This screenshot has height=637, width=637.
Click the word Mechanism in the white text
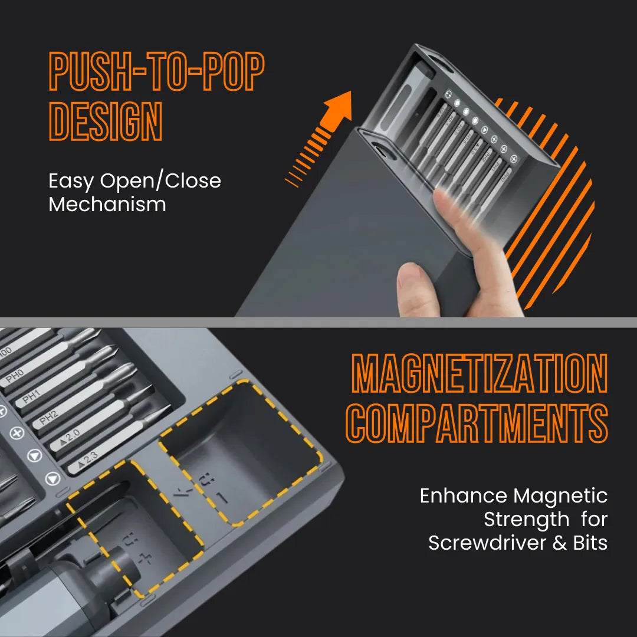pyautogui.click(x=107, y=205)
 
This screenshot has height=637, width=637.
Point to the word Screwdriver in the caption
pyautogui.click(x=487, y=543)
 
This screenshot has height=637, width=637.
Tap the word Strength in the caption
pyautogui.click(x=527, y=520)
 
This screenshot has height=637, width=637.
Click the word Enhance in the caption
pyautogui.click(x=463, y=496)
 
